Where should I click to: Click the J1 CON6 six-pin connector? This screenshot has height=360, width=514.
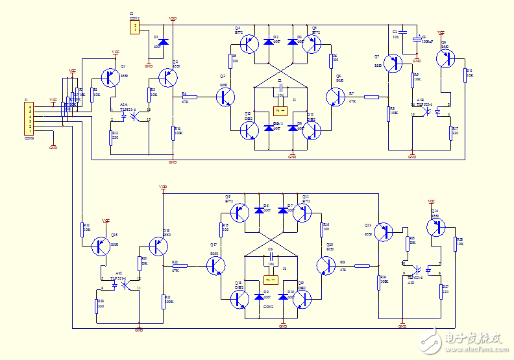(x=29, y=117)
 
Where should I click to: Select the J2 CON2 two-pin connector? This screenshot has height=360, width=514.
(x=134, y=27)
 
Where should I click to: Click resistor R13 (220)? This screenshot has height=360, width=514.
(x=111, y=137)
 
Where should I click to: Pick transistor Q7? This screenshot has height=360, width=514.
(x=393, y=64)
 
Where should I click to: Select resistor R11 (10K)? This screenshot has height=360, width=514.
(x=465, y=75)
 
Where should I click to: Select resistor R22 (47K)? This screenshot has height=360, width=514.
(x=180, y=265)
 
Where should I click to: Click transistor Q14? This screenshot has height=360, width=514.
(x=435, y=227)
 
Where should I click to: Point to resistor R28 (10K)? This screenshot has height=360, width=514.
(x=455, y=244)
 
